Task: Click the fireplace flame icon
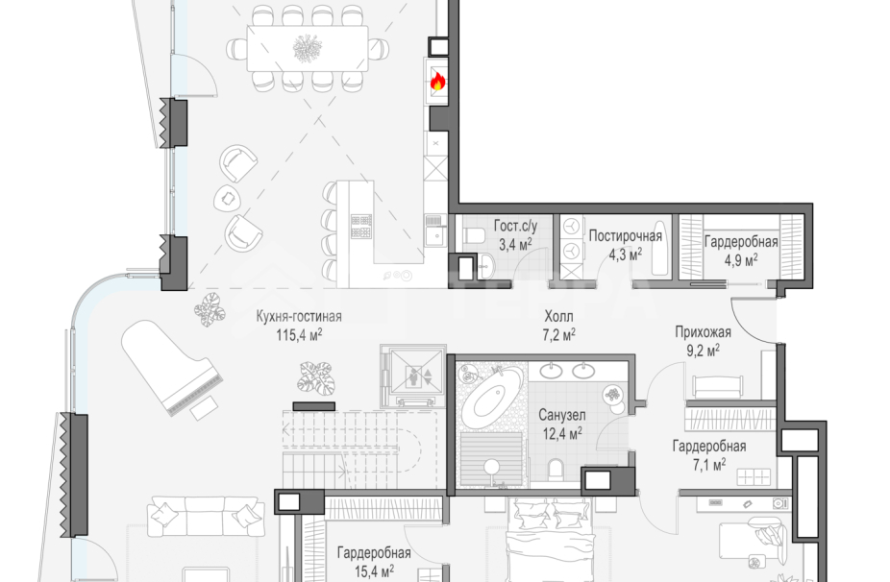[436, 83]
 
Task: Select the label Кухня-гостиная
[299, 317]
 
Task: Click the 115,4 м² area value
[299, 335]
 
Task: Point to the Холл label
[558, 316]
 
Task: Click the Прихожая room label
[703, 332]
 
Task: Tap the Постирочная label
[625, 235]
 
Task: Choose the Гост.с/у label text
[515, 226]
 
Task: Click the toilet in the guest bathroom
[472, 235]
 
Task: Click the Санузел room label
[562, 415]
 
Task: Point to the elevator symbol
[413, 375]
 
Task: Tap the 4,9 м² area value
[740, 260]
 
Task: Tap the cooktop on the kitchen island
[361, 227]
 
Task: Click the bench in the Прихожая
[716, 387]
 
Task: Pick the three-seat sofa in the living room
[206, 516]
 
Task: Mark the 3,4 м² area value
[515, 245]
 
